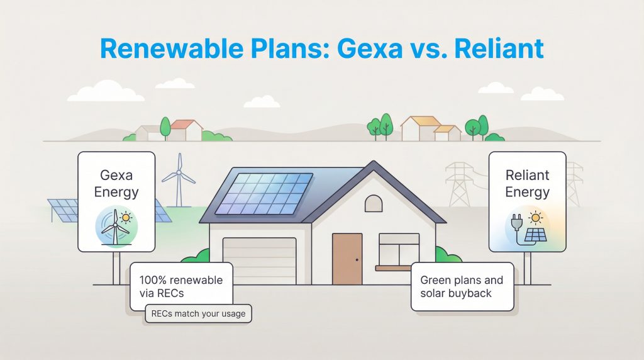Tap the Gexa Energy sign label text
116,183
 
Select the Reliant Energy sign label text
527,183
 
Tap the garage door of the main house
259,260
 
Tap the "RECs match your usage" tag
198,313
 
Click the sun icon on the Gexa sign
127,218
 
